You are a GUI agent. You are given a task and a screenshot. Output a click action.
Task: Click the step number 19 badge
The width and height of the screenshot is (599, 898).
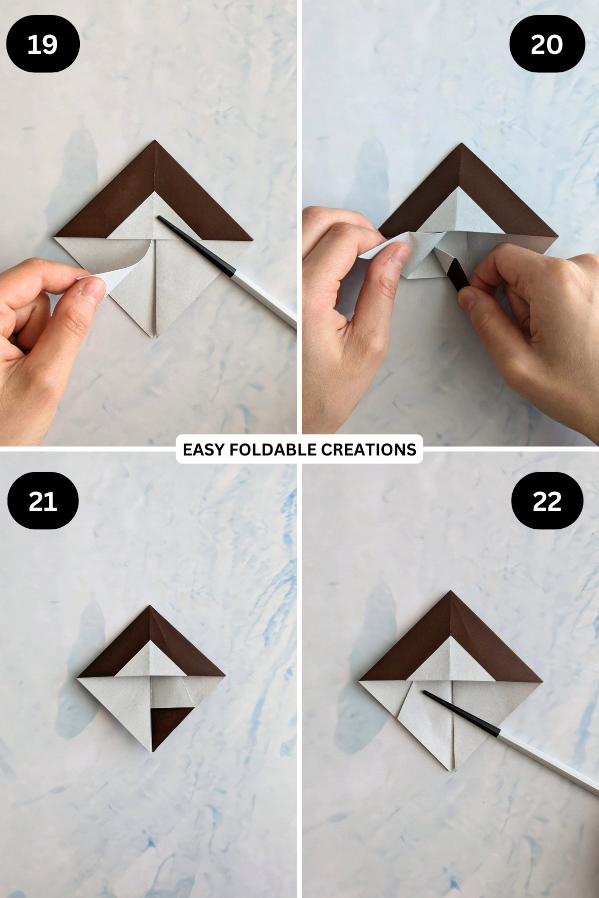[x=42, y=44]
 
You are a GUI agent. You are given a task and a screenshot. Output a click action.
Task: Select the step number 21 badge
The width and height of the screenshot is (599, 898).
[x=42, y=501]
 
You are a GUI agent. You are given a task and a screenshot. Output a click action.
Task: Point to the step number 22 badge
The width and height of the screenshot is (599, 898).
[x=547, y=501]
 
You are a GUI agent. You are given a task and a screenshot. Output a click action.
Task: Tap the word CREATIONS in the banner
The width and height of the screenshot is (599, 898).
[x=368, y=449]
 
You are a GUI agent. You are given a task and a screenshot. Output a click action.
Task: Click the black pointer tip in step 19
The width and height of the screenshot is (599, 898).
[x=160, y=218]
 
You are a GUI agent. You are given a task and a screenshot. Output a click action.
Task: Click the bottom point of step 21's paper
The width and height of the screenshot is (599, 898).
[x=152, y=751]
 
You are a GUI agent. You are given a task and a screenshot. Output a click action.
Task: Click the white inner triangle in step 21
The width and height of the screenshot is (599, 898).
[x=150, y=661]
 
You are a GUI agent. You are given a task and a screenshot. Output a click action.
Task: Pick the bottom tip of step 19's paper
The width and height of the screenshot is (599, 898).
[x=154, y=336]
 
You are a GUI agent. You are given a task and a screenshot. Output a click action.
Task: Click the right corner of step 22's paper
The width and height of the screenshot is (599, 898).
[x=540, y=681]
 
